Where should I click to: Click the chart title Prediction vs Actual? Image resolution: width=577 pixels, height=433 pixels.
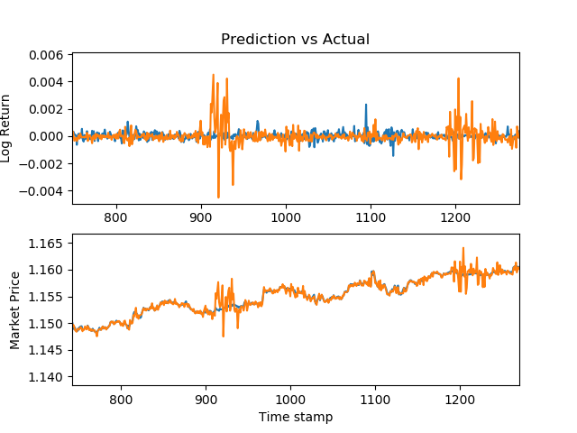295,40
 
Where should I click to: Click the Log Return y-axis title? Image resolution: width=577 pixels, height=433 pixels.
6,128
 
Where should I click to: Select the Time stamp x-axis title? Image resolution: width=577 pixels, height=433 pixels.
295,417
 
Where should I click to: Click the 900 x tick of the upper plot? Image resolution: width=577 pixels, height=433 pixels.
200,217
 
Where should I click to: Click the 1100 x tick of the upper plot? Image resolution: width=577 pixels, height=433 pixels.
370,217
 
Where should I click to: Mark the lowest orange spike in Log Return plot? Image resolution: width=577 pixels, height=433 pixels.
218,197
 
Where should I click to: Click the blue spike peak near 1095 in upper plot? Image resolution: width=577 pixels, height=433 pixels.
366,105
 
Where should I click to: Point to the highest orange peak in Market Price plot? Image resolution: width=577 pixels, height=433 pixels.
463,248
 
